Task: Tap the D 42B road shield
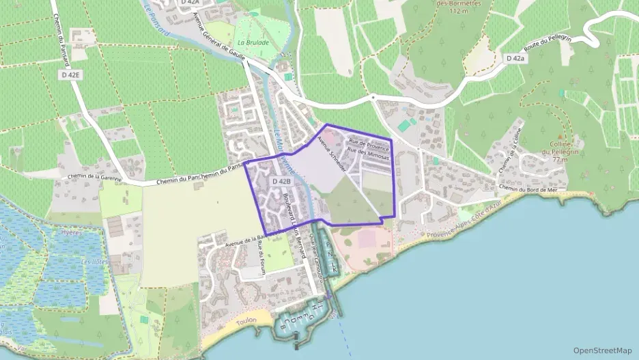(281, 182)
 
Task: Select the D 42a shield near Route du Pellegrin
(516, 59)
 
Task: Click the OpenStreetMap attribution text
(602, 350)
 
